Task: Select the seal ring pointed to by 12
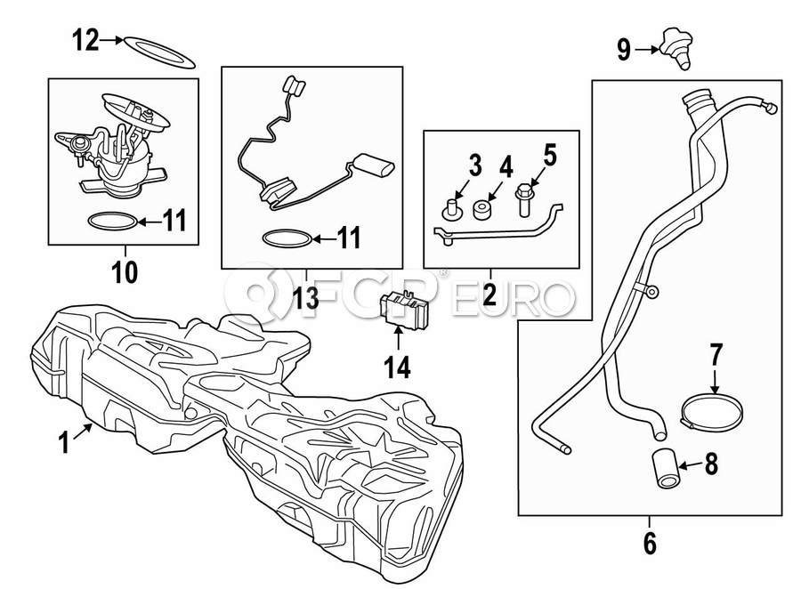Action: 158,52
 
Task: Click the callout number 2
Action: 489,295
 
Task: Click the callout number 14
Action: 398,367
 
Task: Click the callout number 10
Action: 125,270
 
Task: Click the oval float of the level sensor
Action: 371,165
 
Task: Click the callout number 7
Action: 717,355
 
